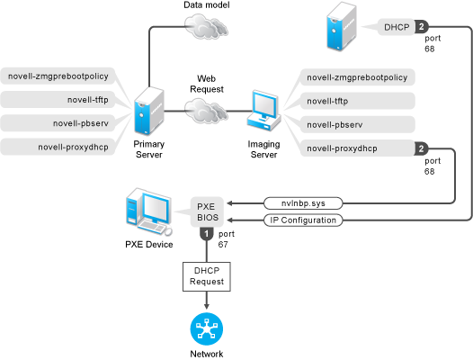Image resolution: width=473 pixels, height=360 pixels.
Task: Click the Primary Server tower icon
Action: tap(149, 111)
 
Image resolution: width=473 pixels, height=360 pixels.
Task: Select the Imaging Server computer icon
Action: tap(264, 110)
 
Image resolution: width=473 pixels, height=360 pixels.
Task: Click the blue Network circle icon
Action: tap(207, 328)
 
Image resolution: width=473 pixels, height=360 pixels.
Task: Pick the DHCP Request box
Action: tap(207, 276)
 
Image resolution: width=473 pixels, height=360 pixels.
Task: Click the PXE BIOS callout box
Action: tap(207, 211)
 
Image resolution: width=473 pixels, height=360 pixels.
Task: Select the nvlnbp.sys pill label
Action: tap(303, 203)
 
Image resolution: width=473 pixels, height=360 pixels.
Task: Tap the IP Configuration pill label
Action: tap(303, 220)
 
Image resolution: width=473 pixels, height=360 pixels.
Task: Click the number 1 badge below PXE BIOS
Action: tap(207, 234)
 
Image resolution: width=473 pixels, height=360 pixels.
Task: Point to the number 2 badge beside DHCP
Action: tap(422, 27)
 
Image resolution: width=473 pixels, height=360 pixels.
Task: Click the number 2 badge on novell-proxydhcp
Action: tap(422, 148)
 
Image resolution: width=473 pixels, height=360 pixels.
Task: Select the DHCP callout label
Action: tap(397, 27)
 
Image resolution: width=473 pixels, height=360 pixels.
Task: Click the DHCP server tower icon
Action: tap(342, 26)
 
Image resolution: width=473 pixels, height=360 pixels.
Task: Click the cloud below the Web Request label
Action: tap(206, 111)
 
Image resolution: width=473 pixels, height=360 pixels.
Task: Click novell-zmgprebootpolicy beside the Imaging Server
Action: tap(358, 77)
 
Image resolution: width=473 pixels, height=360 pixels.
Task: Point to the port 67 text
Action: tap(227, 238)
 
